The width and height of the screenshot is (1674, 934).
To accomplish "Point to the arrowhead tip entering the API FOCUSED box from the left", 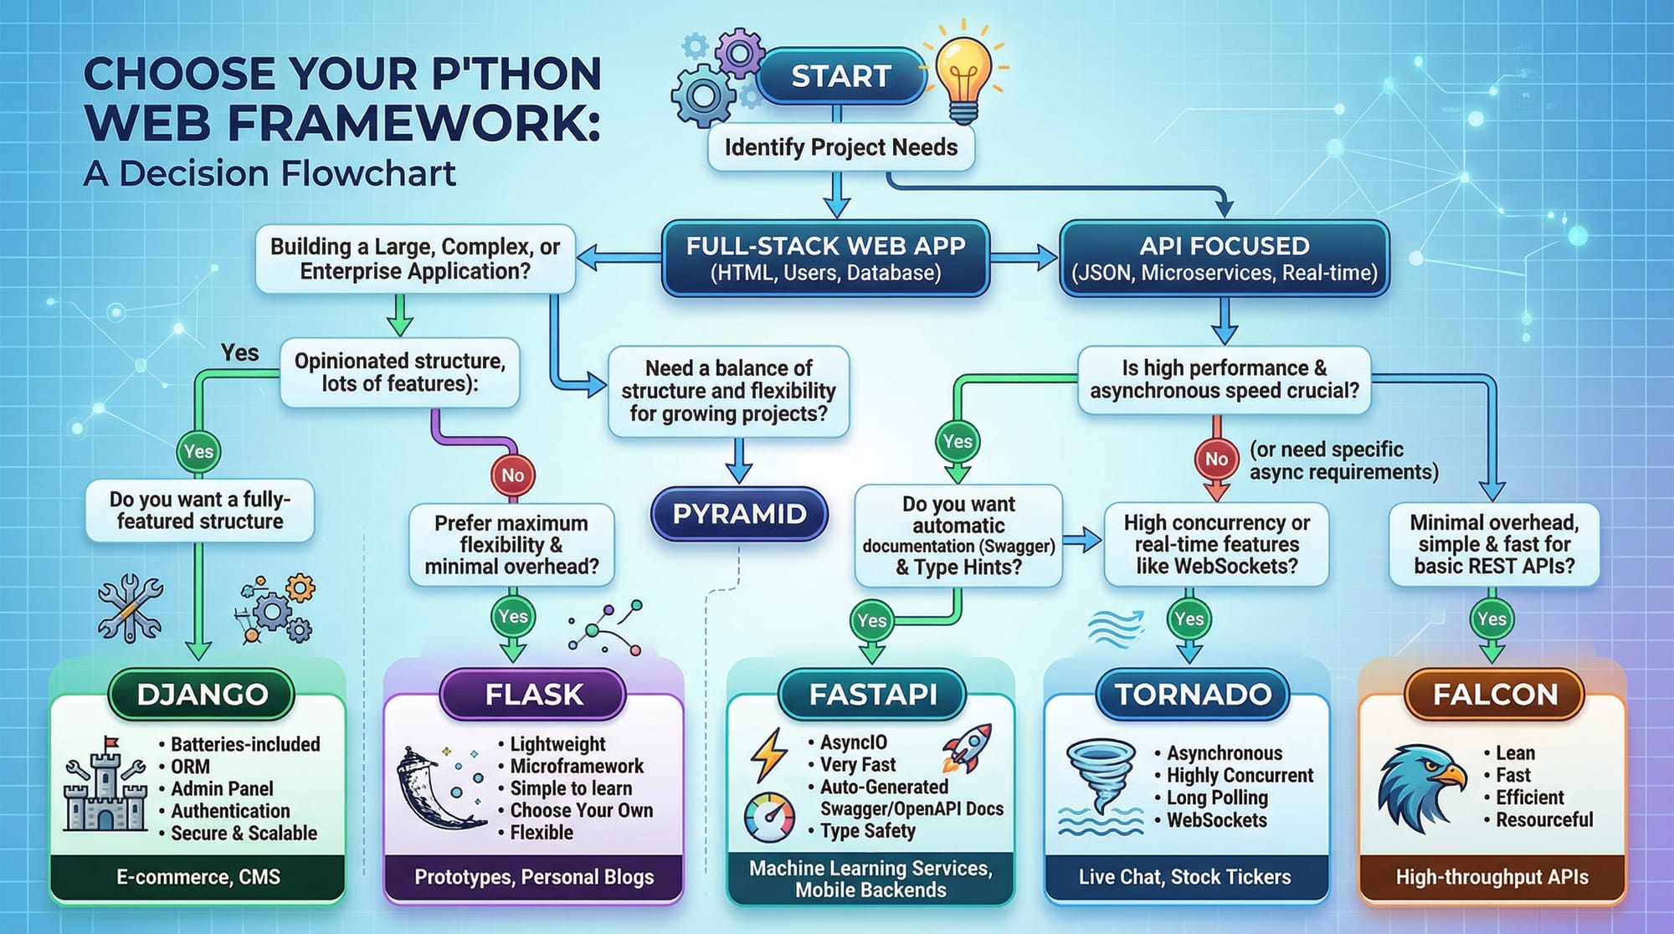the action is pyautogui.click(x=1058, y=258).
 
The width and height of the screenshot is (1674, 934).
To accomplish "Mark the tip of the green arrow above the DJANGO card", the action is pyautogui.click(x=198, y=661).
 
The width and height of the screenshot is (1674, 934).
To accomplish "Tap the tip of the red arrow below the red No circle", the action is pyautogui.click(x=1216, y=500).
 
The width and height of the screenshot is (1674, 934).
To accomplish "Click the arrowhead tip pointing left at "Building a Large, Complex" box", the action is pyautogui.click(x=578, y=258).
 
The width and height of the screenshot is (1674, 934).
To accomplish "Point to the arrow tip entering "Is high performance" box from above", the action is pyautogui.click(x=1225, y=345).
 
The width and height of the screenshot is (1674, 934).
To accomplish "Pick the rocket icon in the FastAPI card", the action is pyautogui.click(x=968, y=747).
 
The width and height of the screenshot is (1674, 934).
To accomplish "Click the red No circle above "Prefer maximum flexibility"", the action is pyautogui.click(x=513, y=475).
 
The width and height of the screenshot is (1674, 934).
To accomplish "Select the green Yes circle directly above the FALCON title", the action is pyautogui.click(x=1492, y=618).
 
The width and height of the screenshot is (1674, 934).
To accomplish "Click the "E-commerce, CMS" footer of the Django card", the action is pyautogui.click(x=198, y=877).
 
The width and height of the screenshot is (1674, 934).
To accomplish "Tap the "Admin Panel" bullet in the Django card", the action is pyautogui.click(x=222, y=788).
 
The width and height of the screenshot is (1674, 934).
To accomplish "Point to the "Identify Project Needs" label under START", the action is pyautogui.click(x=840, y=147).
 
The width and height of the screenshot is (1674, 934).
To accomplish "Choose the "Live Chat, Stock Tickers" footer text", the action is pyautogui.click(x=1184, y=877).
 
